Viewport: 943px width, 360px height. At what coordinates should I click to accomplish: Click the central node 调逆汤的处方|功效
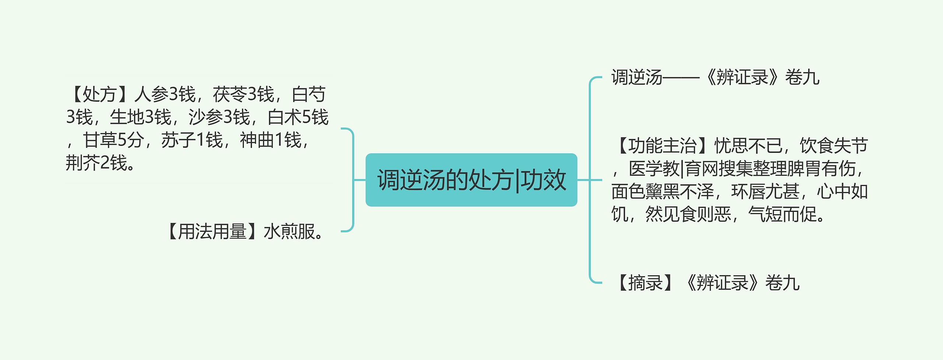471,180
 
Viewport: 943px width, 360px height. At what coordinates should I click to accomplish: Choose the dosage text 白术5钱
298,118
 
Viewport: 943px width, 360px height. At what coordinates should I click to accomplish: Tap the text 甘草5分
113,140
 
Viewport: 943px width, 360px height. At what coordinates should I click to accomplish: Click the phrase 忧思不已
748,146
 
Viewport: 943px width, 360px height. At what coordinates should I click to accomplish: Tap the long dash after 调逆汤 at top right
681,78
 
